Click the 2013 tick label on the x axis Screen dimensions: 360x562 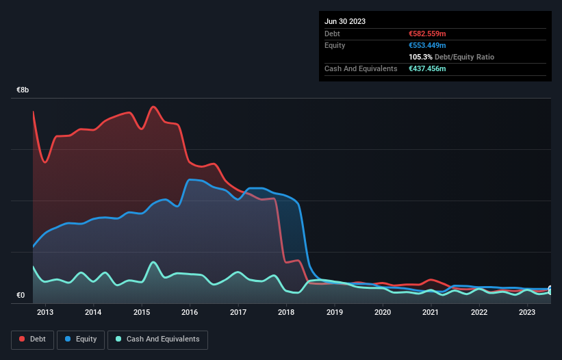tap(45, 313)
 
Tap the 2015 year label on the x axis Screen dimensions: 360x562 tap(142, 313)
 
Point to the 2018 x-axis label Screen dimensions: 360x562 tap(286, 313)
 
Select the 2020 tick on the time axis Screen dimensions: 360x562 tap(383, 313)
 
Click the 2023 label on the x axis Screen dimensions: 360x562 tap(527, 313)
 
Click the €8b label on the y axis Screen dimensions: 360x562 tap(23, 90)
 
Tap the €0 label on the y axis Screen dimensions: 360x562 tap(21, 296)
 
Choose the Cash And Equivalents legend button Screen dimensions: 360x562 tap(157, 339)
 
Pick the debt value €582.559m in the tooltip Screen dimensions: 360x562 tap(427, 34)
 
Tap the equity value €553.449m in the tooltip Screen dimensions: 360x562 tap(427, 45)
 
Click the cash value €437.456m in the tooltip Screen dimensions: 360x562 tap(427, 68)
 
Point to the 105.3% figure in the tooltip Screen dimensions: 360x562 tap(420, 57)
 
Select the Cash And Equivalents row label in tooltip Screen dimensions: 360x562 tap(361, 68)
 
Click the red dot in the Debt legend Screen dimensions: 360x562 tap(23, 339)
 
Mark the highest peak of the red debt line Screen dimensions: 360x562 tap(153, 107)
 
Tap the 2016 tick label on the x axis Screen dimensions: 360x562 tap(190, 313)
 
